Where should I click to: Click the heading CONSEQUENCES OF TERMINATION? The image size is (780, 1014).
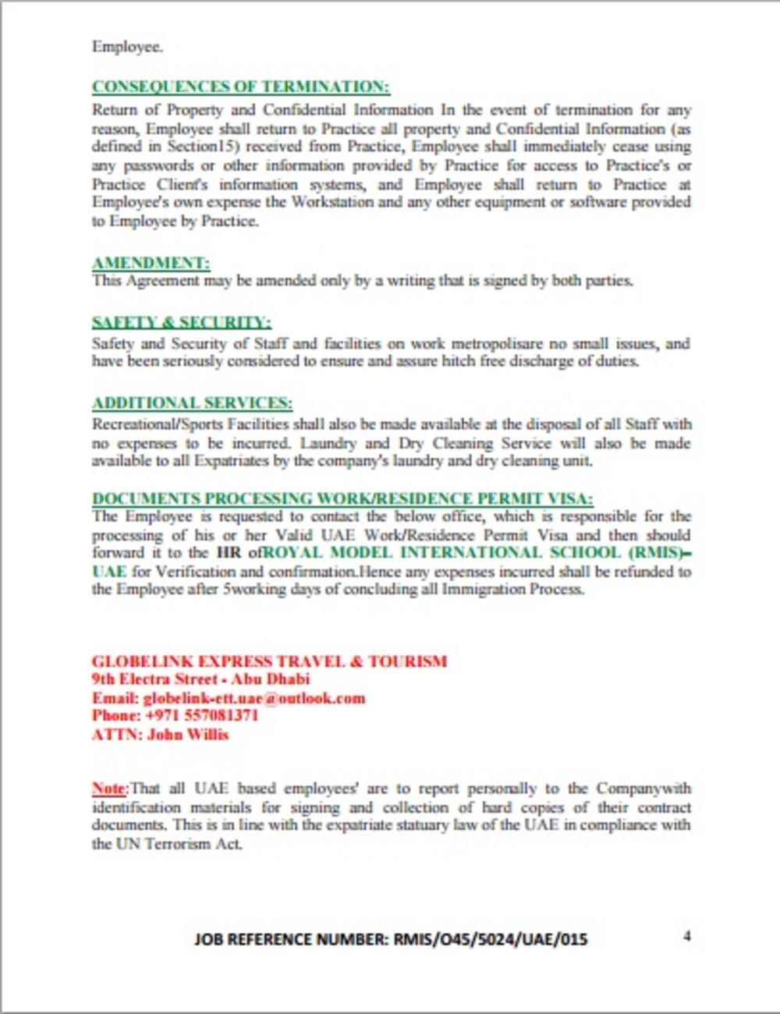point(241,87)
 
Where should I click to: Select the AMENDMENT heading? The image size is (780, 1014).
point(151,263)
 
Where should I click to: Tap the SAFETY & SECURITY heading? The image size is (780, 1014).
point(181,322)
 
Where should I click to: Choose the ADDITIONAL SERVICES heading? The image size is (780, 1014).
point(192,403)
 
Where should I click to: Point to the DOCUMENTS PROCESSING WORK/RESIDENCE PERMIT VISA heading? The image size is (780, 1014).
point(342,498)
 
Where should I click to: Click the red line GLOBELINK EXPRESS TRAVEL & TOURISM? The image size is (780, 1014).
point(269,661)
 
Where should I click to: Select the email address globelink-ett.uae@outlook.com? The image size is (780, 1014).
point(254,698)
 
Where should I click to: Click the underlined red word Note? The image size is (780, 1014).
point(108,788)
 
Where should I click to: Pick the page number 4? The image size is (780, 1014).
point(686,936)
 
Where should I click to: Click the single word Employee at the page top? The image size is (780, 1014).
point(126,47)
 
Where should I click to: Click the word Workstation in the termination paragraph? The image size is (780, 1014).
point(332,203)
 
